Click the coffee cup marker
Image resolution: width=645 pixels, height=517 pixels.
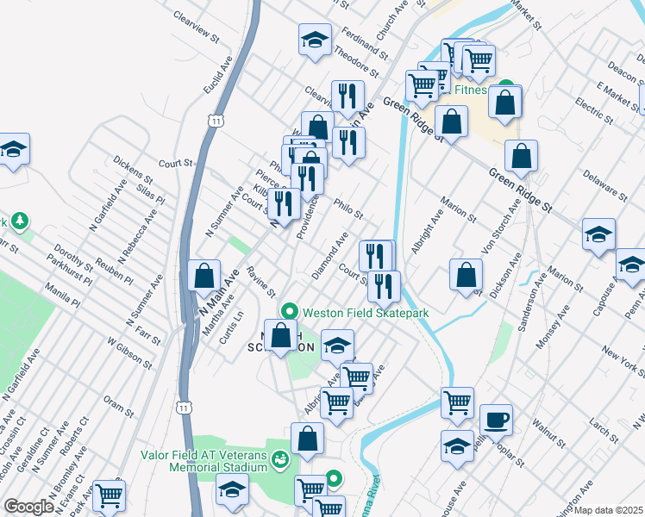pyautogui.click(x=496, y=420)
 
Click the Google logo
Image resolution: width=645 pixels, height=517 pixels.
pyautogui.click(x=28, y=507)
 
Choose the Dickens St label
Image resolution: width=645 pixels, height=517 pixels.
pyautogui.click(x=132, y=171)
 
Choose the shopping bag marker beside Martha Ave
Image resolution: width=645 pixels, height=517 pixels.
pyautogui.click(x=204, y=277)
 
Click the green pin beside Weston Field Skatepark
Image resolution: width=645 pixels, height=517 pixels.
pyautogui.click(x=290, y=311)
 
